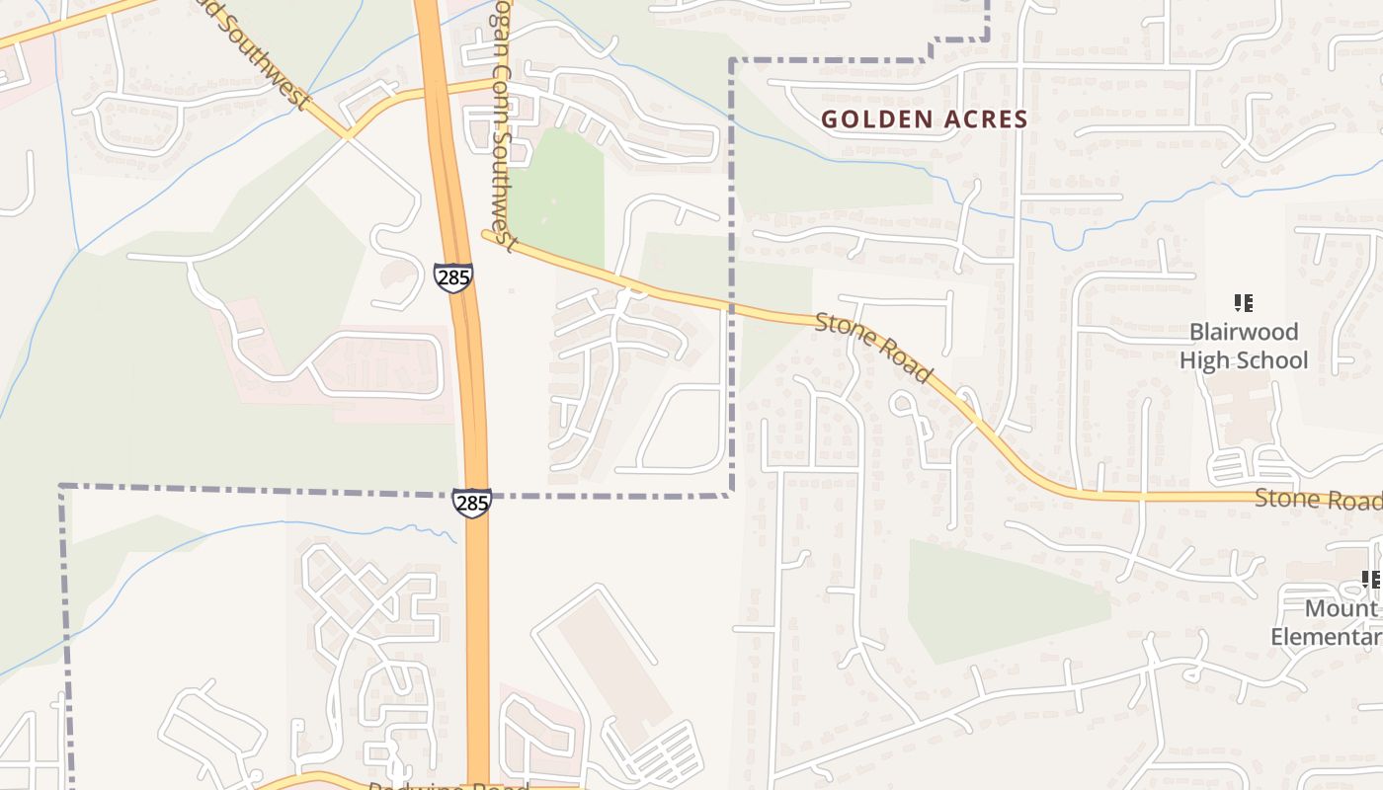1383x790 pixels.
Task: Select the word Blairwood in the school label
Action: [x=1243, y=332]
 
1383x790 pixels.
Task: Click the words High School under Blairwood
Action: [x=1243, y=360]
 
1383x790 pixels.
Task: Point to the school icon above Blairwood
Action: [x=1243, y=302]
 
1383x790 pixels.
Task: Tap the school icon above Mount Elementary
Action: [x=1370, y=579]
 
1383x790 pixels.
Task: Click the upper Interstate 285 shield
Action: [x=452, y=277]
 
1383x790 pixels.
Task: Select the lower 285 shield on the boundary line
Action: [x=472, y=503]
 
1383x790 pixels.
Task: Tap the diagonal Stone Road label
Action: [x=873, y=348]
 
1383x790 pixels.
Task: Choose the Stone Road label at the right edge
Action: [x=1317, y=500]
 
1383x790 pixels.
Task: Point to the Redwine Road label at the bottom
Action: [x=449, y=786]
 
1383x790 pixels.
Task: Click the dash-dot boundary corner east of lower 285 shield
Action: [x=731, y=494]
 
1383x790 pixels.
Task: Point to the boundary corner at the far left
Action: [x=62, y=487]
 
